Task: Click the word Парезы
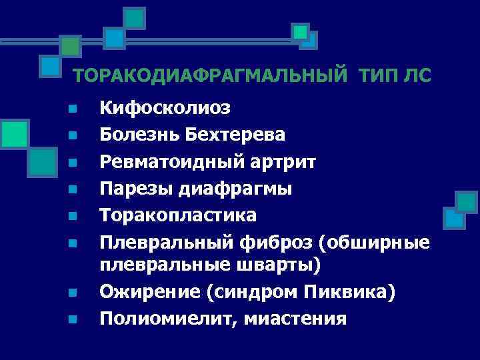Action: [136, 189]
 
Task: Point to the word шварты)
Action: [283, 265]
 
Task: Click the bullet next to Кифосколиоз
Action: [73, 108]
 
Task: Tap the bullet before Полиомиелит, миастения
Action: [73, 319]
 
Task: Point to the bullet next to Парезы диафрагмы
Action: [73, 189]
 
